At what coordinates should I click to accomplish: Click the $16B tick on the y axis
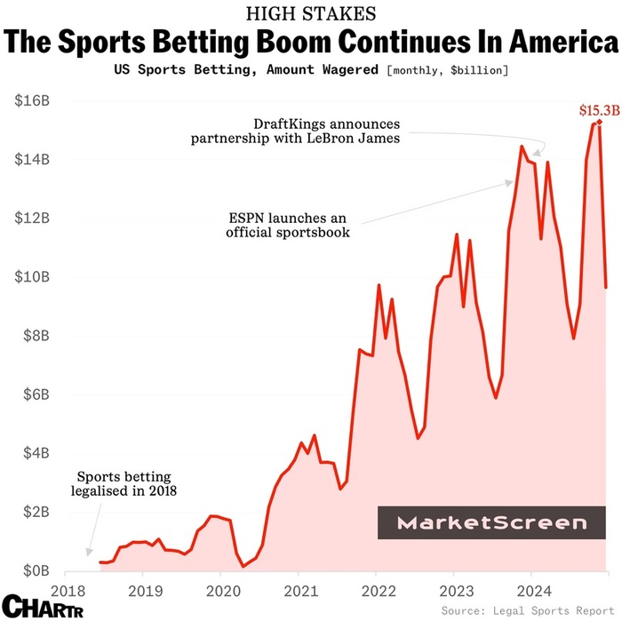pyautogui.click(x=32, y=101)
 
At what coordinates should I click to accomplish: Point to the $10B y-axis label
pyautogui.click(x=32, y=277)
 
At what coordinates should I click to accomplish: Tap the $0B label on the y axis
pyautogui.click(x=36, y=569)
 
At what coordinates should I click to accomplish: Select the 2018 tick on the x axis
pyautogui.click(x=68, y=590)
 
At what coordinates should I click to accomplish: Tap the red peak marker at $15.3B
pyautogui.click(x=600, y=122)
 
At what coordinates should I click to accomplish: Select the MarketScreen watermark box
pyautogui.click(x=491, y=523)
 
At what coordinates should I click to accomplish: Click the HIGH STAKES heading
pyautogui.click(x=311, y=13)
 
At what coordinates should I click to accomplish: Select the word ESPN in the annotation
pyautogui.click(x=244, y=218)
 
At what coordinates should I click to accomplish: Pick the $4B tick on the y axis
pyautogui.click(x=34, y=453)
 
